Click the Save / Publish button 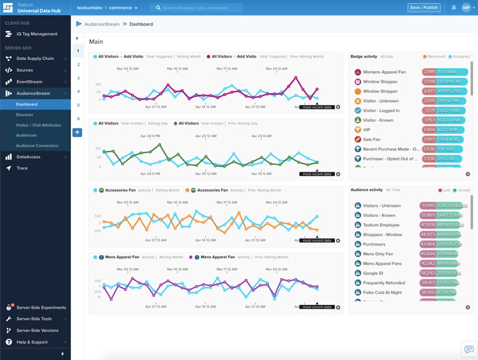coord(423,7)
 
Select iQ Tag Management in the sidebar coord(37,34)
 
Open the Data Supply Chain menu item coord(35,59)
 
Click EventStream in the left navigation coord(29,81)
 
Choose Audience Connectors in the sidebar coord(37,146)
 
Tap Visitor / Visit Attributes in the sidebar coord(38,125)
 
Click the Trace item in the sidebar coord(22,168)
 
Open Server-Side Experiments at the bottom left coord(41,307)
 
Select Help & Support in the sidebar coord(32,342)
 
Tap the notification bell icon coord(453,8)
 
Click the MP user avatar coord(466,8)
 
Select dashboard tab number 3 coord(78,78)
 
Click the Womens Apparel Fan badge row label coord(384,71)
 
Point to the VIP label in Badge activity coord(367,130)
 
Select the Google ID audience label coord(373,273)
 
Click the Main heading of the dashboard coord(96,42)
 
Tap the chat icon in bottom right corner coord(467,349)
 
